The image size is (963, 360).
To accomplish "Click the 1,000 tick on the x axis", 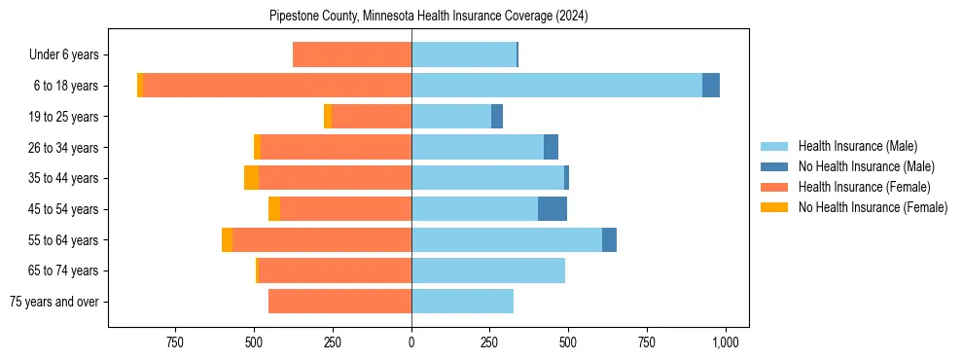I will [x=725, y=342].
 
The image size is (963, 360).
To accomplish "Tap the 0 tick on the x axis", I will [x=411, y=342].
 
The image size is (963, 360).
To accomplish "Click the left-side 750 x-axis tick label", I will [x=175, y=342].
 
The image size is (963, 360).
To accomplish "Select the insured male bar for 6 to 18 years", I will [x=556, y=86].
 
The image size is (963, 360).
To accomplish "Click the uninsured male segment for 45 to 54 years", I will [x=553, y=209].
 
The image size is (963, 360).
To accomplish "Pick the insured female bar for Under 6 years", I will [x=352, y=55].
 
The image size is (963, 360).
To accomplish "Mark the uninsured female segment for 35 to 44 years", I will [x=251, y=178].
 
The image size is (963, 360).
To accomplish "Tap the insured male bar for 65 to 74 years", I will [x=488, y=270].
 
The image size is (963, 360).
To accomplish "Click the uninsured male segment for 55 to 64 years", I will [x=609, y=240].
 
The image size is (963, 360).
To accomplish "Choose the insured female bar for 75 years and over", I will [x=339, y=302].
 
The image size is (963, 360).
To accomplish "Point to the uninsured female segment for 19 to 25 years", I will [x=328, y=117].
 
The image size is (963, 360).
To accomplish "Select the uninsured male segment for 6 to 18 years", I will [x=711, y=86].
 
